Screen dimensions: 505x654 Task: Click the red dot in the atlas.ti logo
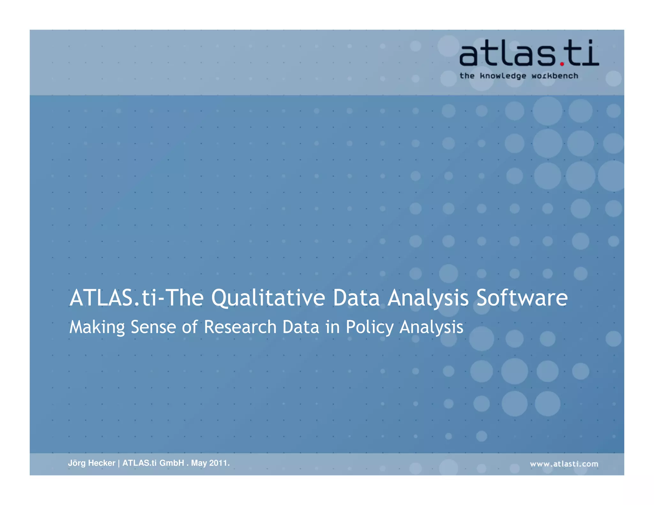tap(562, 64)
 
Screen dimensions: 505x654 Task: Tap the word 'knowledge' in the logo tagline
tap(503, 76)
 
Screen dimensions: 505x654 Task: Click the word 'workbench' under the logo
tap(555, 76)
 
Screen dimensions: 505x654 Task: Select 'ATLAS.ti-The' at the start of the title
tap(136, 298)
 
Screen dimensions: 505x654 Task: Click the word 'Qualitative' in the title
tap(268, 298)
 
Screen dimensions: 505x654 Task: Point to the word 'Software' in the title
tap(522, 298)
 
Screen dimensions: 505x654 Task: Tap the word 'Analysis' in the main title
tap(428, 298)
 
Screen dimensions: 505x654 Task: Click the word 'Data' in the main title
tap(356, 298)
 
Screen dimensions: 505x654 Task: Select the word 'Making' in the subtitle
tap(97, 327)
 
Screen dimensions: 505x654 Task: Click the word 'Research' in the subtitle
tap(240, 327)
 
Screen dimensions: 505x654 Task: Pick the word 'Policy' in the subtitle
tap(370, 327)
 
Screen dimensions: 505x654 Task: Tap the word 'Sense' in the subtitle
tap(153, 327)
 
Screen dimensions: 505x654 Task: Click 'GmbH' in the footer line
tap(172, 463)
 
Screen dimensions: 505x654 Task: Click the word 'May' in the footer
tap(199, 463)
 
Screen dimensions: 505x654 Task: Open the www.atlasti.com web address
tap(564, 464)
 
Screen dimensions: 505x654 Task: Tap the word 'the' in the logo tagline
tap(467, 76)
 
